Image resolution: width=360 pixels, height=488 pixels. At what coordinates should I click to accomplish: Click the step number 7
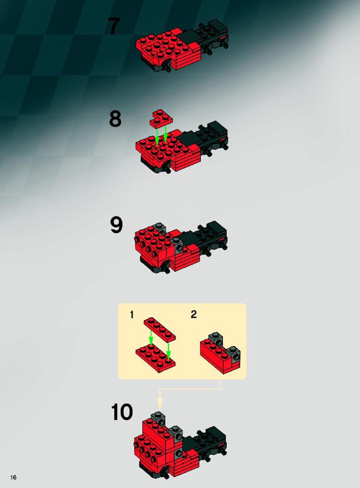[114, 26]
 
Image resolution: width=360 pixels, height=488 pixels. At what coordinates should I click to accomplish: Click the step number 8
[115, 119]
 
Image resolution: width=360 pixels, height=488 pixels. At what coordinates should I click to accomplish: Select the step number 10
[122, 412]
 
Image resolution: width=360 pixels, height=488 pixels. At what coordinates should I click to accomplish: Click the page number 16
[13, 477]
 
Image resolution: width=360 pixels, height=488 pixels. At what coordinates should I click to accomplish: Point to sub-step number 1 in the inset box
[132, 315]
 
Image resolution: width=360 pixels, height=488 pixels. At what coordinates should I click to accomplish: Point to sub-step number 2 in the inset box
[194, 314]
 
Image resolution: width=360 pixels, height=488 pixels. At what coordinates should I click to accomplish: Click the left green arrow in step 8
[157, 137]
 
